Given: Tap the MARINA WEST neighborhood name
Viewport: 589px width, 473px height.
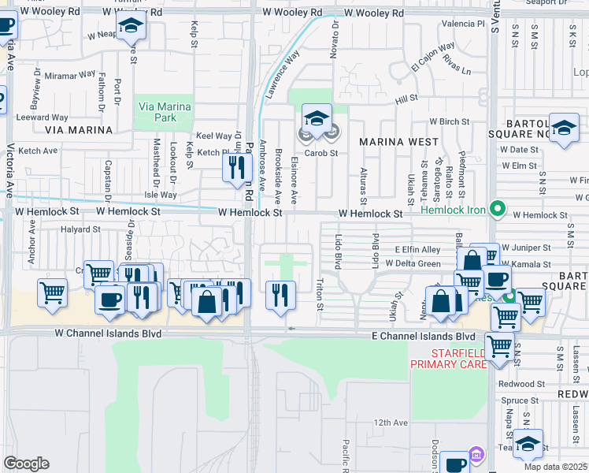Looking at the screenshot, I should coord(398,141).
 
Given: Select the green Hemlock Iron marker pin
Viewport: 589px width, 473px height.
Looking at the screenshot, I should coord(497,209).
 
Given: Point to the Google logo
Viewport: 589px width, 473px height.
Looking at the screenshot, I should coord(26,464).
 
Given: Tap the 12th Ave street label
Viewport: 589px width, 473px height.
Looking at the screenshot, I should coord(391,423).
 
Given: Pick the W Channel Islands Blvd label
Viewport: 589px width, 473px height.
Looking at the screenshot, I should coord(108,333).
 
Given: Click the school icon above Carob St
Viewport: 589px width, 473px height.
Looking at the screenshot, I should coord(317,119).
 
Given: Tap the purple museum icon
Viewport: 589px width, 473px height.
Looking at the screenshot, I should coord(476,455).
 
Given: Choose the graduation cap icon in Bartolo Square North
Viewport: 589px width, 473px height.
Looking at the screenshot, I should coord(564,129).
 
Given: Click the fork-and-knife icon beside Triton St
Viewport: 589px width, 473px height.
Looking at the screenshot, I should coord(280,295).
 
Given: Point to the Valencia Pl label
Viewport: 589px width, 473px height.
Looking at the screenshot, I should coord(463,24).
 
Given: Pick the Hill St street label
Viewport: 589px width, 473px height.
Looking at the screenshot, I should coord(406,99).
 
